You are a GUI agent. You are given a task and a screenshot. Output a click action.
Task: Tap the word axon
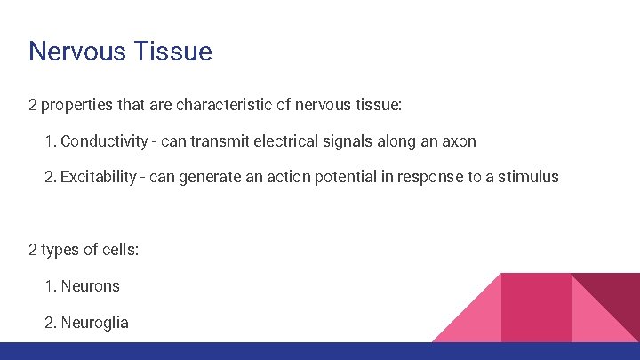point(459,141)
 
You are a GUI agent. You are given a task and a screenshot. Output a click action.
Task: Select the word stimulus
point(528,177)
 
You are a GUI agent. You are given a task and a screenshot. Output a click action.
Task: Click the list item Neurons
point(90,286)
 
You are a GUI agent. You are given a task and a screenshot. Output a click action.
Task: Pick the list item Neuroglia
point(94,323)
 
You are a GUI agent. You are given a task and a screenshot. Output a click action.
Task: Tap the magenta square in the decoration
point(536,308)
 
